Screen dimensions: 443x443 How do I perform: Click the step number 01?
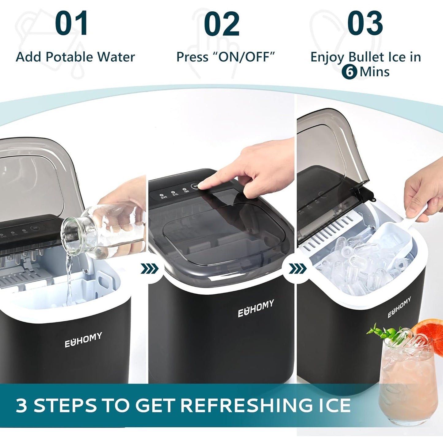[x=72, y=24]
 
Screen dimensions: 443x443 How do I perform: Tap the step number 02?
[x=221, y=24]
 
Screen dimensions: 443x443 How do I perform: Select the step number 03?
[x=365, y=24]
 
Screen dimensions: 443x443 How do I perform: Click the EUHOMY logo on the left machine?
[x=83, y=340]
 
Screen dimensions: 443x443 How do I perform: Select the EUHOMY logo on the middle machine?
[x=256, y=309]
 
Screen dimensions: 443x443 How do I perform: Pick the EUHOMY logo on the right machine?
[x=399, y=307]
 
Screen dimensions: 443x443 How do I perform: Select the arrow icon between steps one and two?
[x=150, y=269]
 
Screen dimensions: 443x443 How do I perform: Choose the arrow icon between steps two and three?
[x=297, y=269]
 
